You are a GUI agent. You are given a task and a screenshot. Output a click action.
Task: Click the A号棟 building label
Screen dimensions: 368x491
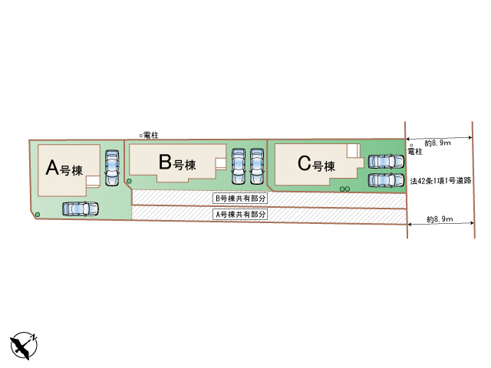tap(65, 167)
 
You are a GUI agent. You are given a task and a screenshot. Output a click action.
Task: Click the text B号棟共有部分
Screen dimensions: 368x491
tap(239, 198)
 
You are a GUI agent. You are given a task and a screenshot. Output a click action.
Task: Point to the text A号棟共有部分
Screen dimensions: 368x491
tap(239, 215)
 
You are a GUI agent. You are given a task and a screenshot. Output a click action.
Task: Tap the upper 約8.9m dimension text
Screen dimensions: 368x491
tap(437, 143)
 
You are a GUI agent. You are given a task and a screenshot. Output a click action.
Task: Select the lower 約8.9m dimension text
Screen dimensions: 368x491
tap(439, 220)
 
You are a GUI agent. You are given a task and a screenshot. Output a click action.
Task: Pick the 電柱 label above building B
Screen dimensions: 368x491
tap(150, 134)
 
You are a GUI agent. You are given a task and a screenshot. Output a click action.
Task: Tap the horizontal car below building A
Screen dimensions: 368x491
tap(80, 208)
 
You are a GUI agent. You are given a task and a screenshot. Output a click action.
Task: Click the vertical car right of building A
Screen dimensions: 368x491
tap(112, 166)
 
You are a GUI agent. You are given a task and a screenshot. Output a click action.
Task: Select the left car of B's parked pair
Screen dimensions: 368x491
tap(239, 166)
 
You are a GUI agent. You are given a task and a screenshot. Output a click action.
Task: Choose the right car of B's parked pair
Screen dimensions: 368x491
tap(257, 166)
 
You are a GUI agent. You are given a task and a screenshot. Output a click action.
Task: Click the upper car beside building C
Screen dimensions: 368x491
tap(385, 162)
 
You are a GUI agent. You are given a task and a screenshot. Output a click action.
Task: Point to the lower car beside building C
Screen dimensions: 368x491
tap(385, 180)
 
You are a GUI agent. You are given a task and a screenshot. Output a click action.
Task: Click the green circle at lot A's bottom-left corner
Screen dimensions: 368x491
tap(38, 214)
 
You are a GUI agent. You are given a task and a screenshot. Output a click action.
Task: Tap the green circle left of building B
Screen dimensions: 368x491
tap(129, 182)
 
